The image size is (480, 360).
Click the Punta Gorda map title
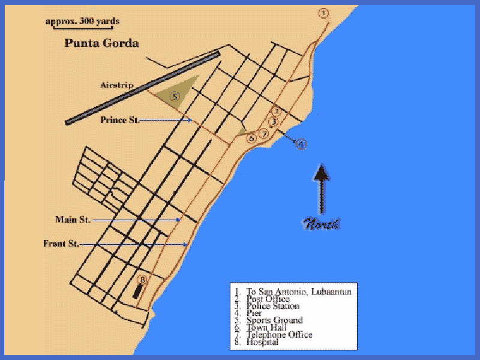coord(101,43)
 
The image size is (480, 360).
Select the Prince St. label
coord(120,120)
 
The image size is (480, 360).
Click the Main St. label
coord(73,220)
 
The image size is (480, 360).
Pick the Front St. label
coord(61,244)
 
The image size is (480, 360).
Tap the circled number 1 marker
coord(324,13)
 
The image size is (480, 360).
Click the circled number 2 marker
coord(276,111)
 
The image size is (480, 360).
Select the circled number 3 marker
coord(273,122)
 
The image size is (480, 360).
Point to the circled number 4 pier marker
coord(301,143)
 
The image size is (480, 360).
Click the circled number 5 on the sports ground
coord(175,96)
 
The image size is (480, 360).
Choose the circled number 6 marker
coord(252,138)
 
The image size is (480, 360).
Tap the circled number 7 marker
coord(263,134)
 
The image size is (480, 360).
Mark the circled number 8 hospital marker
coord(142,280)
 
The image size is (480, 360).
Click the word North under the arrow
coord(322,225)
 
